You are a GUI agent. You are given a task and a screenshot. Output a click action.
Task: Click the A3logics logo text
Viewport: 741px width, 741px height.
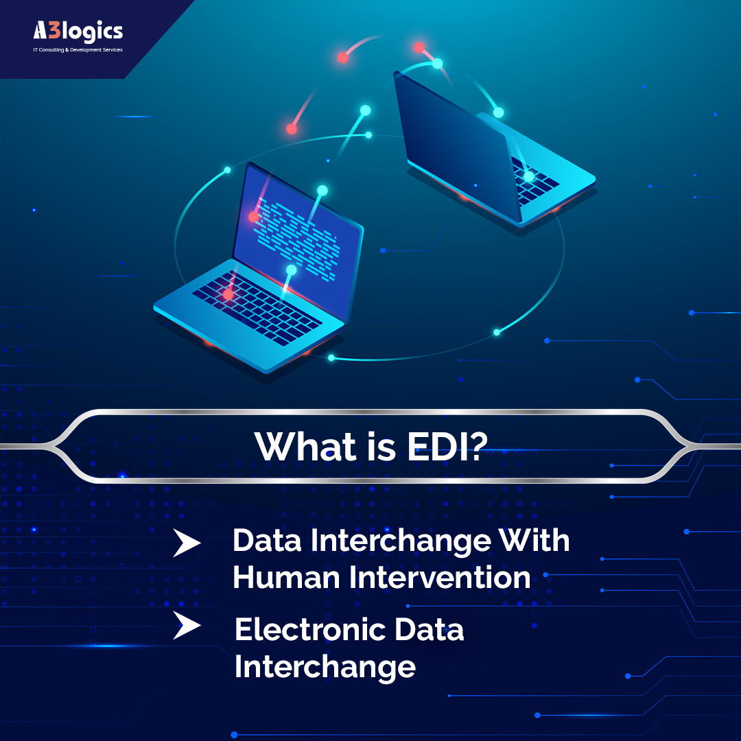78,32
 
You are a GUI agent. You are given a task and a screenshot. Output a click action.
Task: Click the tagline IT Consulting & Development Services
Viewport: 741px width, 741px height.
78,50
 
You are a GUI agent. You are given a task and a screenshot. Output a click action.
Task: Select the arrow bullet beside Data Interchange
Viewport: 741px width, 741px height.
186,543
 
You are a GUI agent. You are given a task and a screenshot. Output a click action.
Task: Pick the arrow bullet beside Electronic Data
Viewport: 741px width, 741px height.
186,626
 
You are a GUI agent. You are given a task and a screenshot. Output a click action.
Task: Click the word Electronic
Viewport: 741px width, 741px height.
311,630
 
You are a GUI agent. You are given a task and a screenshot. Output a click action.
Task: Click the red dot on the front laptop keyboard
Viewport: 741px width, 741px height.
228,294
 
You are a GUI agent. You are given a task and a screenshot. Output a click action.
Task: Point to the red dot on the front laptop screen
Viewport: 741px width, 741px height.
254,217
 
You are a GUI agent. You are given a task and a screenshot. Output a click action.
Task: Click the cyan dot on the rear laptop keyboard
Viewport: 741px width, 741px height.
529,176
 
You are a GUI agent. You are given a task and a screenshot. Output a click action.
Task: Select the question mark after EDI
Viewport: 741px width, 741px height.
477,446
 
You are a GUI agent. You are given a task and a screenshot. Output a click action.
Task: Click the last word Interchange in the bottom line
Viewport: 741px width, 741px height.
325,666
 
